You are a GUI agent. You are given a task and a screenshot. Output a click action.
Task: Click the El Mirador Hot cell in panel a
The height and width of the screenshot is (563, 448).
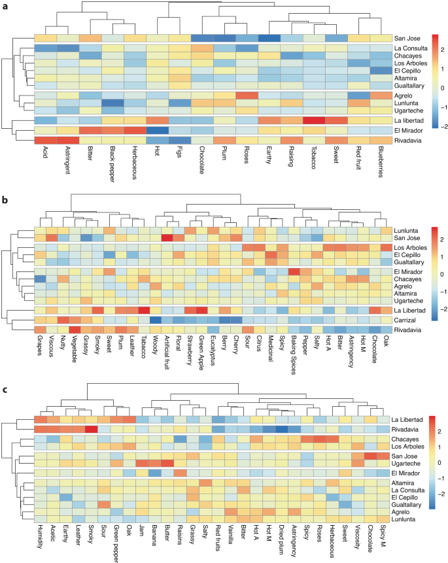point(156,130)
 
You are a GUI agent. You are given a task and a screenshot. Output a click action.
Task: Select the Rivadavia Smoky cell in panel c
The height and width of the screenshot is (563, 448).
point(91,429)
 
